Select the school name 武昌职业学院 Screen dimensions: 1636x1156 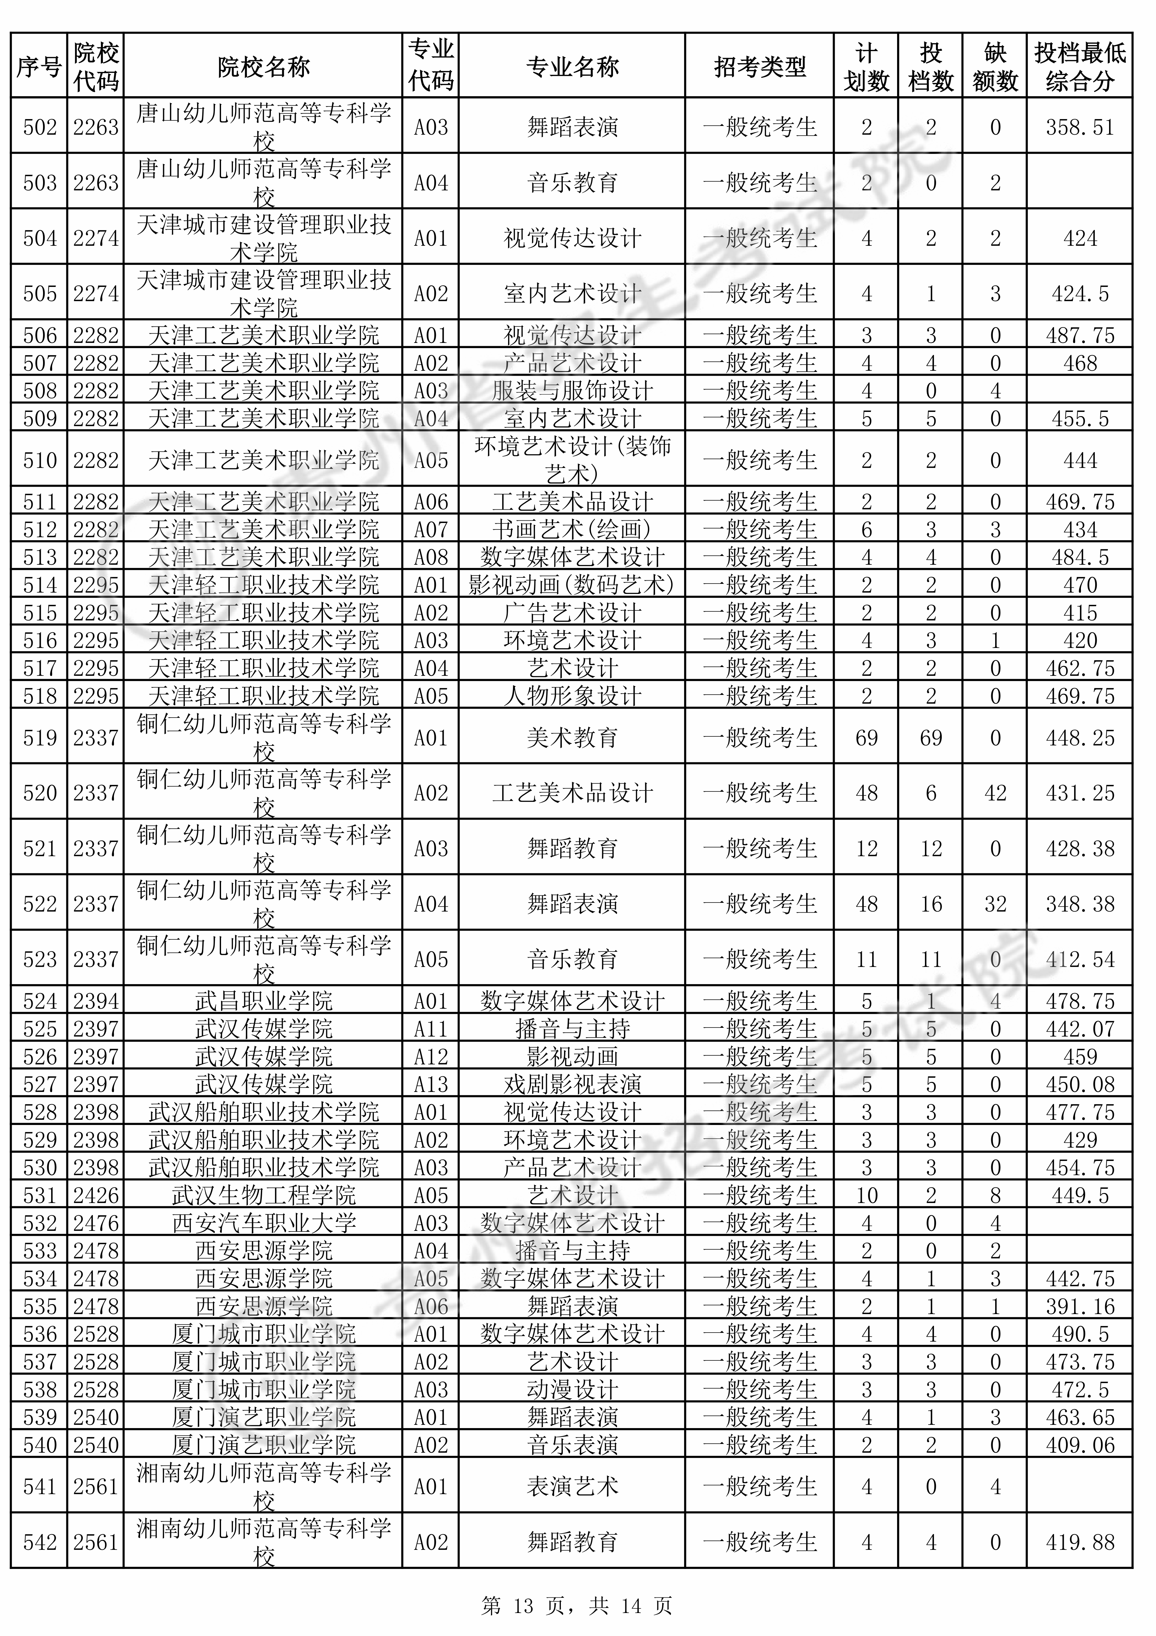[263, 1001]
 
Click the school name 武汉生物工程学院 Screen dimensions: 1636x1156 [263, 1195]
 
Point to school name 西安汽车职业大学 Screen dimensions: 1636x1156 [263, 1223]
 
